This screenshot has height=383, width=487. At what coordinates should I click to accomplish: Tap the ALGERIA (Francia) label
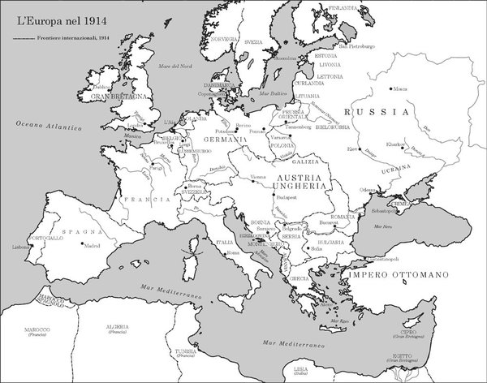click(x=115, y=327)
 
